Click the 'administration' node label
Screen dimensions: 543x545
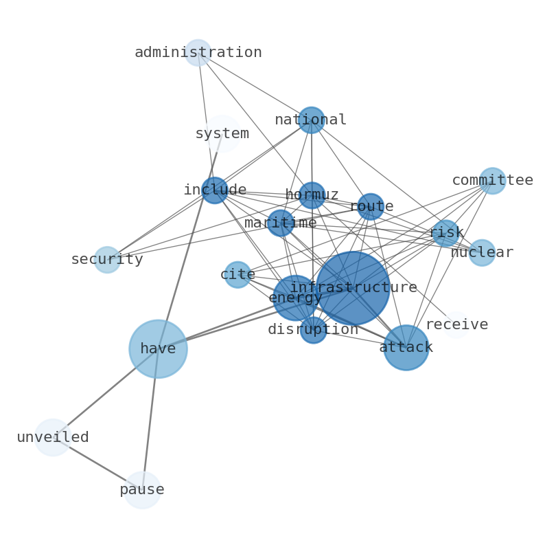click(198, 53)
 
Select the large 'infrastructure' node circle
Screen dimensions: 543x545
click(353, 288)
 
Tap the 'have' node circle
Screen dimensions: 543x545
click(158, 349)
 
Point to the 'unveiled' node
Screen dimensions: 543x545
click(53, 437)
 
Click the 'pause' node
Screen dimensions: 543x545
click(142, 490)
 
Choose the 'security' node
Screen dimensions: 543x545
click(107, 260)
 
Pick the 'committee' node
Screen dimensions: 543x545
click(492, 181)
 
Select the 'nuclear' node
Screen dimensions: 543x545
click(482, 253)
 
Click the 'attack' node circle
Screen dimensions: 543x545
click(406, 348)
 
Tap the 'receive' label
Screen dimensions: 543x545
click(456, 324)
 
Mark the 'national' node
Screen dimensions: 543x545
click(311, 120)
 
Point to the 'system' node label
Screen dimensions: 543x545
click(222, 134)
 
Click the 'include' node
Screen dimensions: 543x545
click(215, 190)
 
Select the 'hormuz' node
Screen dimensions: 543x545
click(312, 195)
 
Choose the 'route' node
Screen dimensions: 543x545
click(371, 207)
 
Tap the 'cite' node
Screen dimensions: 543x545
click(237, 275)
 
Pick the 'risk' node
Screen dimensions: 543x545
click(446, 233)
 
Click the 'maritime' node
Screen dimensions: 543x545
click(280, 223)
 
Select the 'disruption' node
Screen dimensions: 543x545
click(313, 330)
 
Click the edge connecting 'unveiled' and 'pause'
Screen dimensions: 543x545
click(97, 464)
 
